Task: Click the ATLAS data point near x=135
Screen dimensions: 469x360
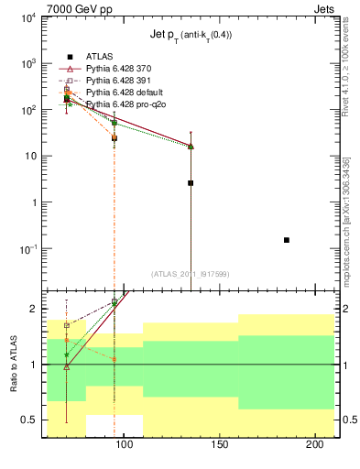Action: coord(191,183)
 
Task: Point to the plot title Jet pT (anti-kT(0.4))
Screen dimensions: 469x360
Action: coord(191,35)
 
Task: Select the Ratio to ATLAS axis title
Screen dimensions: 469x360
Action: coord(14,365)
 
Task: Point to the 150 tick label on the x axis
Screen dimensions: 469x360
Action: coord(218,445)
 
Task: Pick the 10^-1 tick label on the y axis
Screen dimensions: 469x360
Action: coord(29,249)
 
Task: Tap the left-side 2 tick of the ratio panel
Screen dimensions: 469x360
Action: coord(35,310)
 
